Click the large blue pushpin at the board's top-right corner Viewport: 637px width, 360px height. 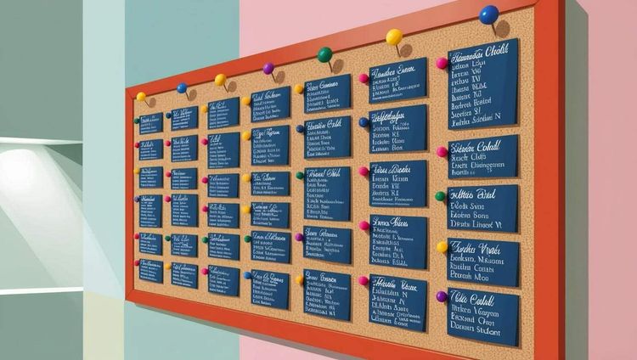[x=488, y=14]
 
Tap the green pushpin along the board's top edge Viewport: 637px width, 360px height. [x=324, y=54]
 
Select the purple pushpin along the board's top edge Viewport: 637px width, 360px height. [x=268, y=68]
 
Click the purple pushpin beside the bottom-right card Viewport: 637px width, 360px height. [x=442, y=297]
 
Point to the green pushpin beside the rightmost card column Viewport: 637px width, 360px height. [x=441, y=196]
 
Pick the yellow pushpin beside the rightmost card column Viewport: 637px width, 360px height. [x=442, y=247]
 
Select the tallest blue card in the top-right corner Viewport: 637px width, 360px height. [x=482, y=84]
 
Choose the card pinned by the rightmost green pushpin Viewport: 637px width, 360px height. [x=482, y=208]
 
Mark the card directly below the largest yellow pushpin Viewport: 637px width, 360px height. [x=397, y=80]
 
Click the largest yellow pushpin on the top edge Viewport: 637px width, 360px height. [x=394, y=37]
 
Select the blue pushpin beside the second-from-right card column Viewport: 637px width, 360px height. [x=364, y=121]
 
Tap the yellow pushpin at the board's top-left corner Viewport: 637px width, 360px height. [x=141, y=96]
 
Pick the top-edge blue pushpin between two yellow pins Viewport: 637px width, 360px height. [x=182, y=87]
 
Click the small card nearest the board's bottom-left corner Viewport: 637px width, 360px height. [x=151, y=272]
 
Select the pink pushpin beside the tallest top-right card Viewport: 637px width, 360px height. [x=442, y=63]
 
